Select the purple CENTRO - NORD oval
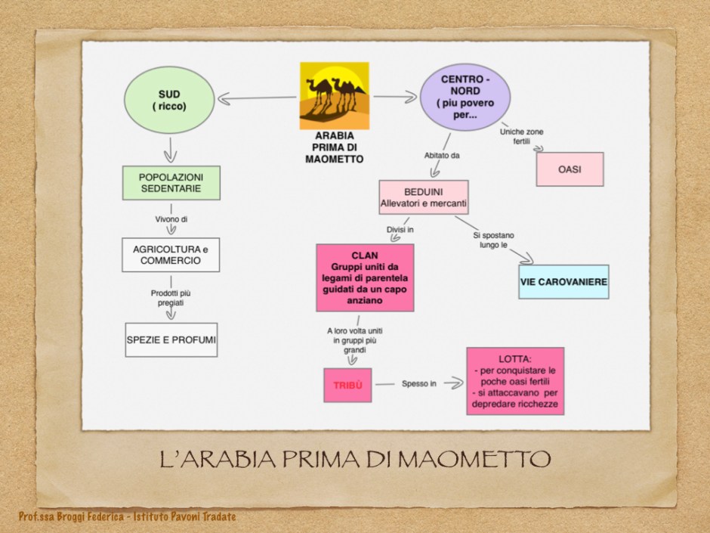[465, 98]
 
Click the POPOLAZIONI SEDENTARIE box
[171, 183]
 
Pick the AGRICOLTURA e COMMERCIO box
[171, 255]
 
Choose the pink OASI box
[570, 169]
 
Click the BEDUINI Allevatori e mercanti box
[423, 197]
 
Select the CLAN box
[365, 277]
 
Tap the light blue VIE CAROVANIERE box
[563, 282]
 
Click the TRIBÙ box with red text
[347, 385]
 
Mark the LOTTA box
[515, 381]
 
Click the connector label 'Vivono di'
[171, 219]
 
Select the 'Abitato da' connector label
[441, 156]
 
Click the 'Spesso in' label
[418, 384]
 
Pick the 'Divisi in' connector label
[400, 228]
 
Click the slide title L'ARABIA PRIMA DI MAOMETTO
[354, 459]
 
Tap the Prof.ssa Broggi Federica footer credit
[128, 516]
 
